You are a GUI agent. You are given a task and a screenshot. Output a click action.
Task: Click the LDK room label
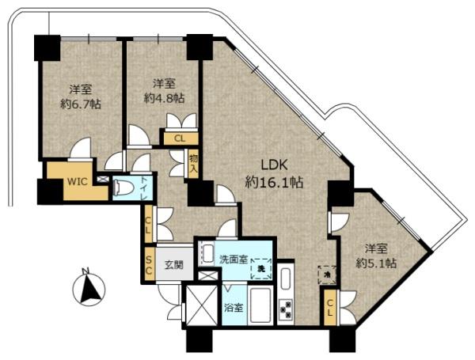[x=274, y=165]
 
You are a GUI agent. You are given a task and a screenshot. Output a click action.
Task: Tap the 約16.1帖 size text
[x=274, y=182]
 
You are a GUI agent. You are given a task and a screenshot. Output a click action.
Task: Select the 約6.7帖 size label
[x=81, y=104]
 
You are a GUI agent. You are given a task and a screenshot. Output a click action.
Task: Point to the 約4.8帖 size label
[x=164, y=98]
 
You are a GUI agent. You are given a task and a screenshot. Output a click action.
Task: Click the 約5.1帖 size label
[x=376, y=263]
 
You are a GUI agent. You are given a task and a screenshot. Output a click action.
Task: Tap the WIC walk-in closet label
[x=78, y=182]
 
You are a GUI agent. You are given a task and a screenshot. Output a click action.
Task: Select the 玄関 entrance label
[x=174, y=265]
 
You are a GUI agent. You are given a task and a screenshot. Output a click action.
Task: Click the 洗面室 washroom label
[x=234, y=260]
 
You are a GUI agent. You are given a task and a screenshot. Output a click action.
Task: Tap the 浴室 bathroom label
[x=234, y=308]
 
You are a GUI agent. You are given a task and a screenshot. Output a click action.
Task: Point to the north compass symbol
[x=89, y=289]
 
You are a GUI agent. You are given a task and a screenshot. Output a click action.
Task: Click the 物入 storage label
[x=193, y=164]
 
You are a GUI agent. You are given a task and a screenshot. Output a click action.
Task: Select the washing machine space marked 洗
[x=260, y=268]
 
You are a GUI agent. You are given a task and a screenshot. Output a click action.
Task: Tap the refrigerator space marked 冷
[x=327, y=275]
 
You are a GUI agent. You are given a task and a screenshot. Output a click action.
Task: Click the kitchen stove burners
[x=286, y=309]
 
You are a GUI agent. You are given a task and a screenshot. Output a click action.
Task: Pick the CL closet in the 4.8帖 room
[x=180, y=138]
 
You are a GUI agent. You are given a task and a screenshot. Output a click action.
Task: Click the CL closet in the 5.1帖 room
[x=330, y=307]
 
